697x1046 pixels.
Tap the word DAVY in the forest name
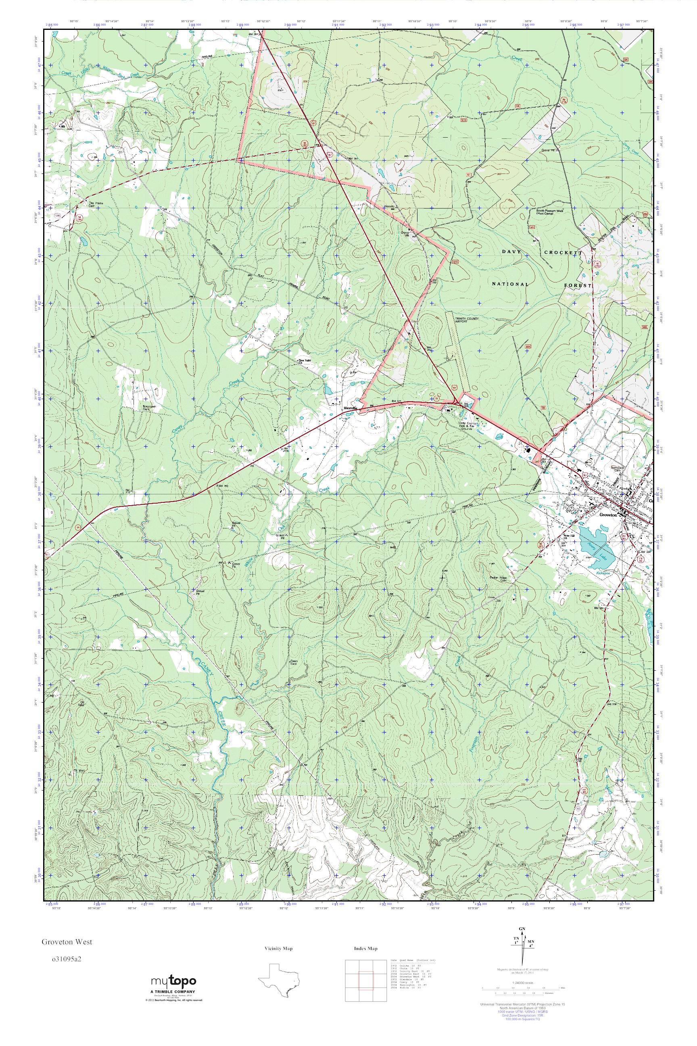(511, 252)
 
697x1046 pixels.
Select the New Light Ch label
(304, 361)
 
